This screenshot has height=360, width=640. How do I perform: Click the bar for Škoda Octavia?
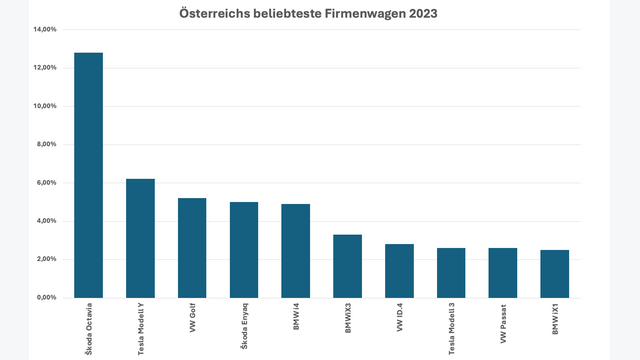point(88,175)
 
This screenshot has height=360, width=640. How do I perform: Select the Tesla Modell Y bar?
point(140,238)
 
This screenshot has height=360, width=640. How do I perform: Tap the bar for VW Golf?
point(192,247)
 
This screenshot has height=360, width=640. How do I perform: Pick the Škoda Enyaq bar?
point(244,249)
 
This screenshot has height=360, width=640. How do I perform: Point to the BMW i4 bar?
point(295,250)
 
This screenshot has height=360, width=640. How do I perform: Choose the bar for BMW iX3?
point(347,265)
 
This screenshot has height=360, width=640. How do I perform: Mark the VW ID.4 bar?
point(399,270)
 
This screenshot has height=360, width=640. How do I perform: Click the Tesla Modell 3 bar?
point(451,272)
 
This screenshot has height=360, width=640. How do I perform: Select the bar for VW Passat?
point(502,272)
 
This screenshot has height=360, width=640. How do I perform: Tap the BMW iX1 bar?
point(554,273)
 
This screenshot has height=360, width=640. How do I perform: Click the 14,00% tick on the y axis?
point(44,29)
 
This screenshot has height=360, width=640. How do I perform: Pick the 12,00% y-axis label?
point(44,68)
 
